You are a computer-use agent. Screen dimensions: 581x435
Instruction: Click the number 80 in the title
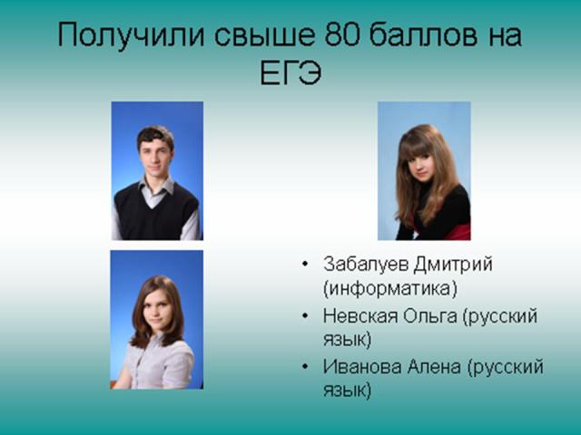[341, 35]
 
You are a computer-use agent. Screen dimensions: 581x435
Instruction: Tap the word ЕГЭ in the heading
[290, 72]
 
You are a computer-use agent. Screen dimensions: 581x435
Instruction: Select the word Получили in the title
[131, 36]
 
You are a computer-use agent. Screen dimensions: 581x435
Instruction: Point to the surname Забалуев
[366, 265]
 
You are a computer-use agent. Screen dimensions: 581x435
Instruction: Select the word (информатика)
[390, 288]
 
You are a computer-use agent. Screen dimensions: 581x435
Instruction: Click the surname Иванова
[362, 366]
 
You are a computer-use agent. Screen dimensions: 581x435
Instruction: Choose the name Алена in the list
[434, 366]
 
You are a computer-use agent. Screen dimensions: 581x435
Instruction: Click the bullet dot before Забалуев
[305, 264]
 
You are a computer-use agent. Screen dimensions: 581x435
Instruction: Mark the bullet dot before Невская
[305, 315]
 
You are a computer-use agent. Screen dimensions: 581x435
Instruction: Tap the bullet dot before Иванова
[305, 366]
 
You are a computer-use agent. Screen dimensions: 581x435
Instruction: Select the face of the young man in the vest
[155, 157]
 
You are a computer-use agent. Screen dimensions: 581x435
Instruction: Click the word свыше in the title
[264, 35]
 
